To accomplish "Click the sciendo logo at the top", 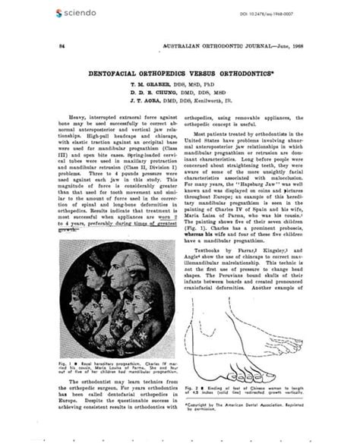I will point(76,13).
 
